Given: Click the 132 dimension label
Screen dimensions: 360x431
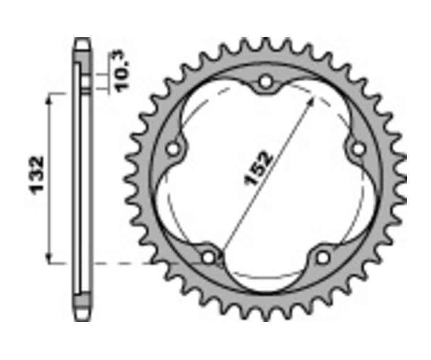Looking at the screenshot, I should click(37, 173).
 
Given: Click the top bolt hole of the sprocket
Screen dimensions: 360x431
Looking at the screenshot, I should click(265, 82).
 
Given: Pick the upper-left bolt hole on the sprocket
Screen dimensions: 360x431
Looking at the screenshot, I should click(173, 149).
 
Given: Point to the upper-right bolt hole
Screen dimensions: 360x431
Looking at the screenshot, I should click(357, 149).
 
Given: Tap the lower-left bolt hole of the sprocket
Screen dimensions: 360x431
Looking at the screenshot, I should click(209, 258).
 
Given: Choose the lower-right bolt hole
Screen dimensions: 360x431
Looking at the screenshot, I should click(323, 258).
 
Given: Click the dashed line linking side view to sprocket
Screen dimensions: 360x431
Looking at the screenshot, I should click(125, 263).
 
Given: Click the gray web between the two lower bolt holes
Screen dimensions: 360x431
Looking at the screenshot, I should click(266, 292).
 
